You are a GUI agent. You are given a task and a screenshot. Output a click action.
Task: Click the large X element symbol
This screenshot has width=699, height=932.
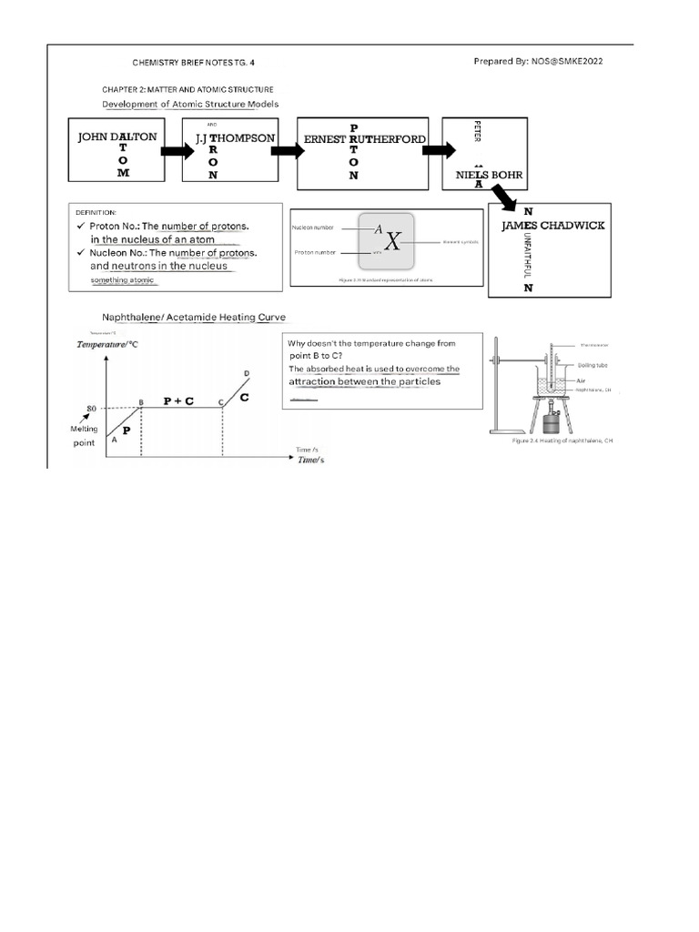391,241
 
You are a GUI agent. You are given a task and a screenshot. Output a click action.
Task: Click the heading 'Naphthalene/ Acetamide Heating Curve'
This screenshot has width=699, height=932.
194,317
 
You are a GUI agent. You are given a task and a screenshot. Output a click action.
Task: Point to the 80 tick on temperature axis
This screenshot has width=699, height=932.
91,408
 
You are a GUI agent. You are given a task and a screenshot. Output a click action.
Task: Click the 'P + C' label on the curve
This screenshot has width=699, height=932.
178,400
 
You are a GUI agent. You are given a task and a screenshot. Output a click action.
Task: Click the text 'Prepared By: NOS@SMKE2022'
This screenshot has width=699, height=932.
538,61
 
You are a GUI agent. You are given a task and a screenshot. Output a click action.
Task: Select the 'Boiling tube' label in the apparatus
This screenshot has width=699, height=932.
592,364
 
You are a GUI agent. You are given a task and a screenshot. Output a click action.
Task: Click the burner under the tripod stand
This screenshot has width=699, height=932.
551,424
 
